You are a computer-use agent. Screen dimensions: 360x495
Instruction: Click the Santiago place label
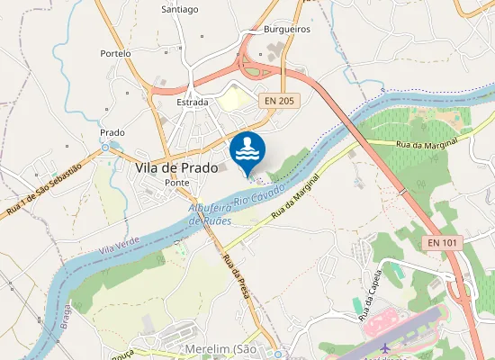(179, 10)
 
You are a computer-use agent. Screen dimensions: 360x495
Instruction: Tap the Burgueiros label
(286, 30)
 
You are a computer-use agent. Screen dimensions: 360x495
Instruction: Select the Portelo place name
(116, 54)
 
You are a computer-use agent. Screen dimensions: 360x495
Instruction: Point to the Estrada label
(192, 103)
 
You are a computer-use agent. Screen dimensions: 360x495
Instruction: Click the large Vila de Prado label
(176, 167)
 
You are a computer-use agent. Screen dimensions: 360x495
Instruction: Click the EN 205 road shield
(279, 102)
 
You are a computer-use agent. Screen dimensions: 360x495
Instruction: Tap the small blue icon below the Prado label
(105, 146)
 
